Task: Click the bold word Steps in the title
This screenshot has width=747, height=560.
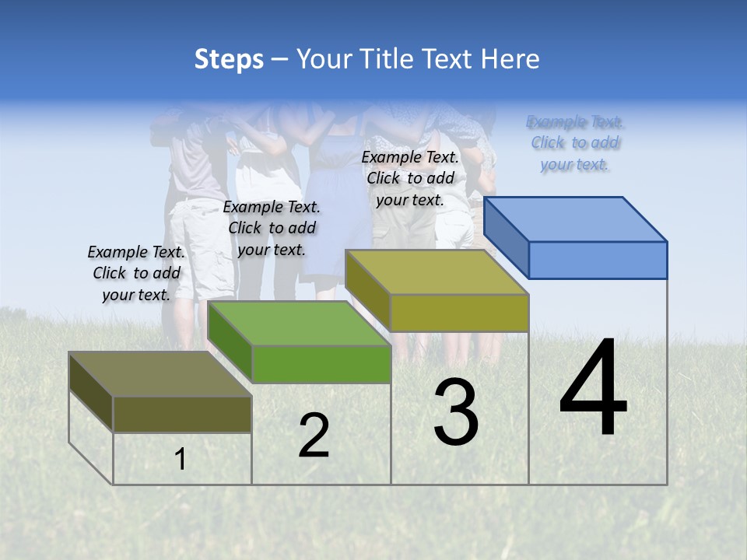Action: (x=228, y=59)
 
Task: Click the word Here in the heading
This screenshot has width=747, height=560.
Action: (x=511, y=59)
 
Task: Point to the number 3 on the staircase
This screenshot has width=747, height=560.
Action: (x=456, y=412)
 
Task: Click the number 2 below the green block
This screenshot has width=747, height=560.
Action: (x=314, y=436)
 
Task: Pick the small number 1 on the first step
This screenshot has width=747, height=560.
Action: (x=181, y=459)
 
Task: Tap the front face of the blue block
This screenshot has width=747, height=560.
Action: (x=598, y=260)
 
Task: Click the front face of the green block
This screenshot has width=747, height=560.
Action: (x=321, y=364)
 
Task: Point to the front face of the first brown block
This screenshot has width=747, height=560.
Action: (x=182, y=414)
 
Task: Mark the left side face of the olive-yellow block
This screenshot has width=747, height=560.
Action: (x=367, y=289)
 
